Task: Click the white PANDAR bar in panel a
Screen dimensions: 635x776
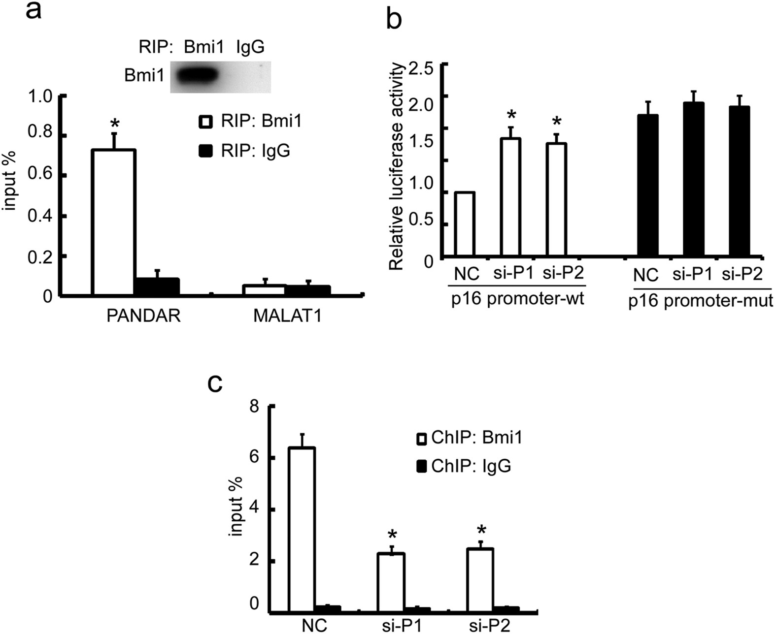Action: [114, 222]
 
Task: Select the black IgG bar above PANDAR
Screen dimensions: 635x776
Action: [157, 286]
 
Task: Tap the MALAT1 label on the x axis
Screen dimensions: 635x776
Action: [287, 316]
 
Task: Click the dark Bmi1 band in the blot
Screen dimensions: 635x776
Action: [197, 76]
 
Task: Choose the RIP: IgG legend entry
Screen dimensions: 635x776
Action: [245, 151]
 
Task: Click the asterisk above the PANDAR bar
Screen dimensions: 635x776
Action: [114, 123]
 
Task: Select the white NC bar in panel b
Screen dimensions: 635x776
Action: [464, 224]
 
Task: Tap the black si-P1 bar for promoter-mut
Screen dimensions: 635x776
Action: [693, 180]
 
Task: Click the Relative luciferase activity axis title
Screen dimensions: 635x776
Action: [396, 167]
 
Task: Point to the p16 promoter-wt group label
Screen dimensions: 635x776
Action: [517, 299]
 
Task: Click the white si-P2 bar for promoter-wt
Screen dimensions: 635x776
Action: [556, 200]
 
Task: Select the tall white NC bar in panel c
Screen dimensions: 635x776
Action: [302, 530]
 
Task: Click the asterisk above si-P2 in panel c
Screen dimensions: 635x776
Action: [481, 531]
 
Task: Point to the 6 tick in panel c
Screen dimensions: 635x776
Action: [255, 457]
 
